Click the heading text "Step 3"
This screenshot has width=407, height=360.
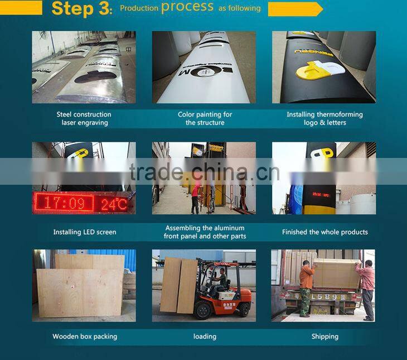point(81,8)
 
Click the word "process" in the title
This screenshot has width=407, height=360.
point(187,7)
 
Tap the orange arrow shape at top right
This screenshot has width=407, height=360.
point(295,9)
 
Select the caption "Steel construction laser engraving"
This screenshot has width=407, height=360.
point(84,118)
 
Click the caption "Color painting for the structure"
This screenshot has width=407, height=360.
point(205,118)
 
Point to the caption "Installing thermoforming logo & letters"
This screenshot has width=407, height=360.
point(324,118)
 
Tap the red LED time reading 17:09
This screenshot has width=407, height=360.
point(65,202)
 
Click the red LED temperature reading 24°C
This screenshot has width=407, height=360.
point(114,204)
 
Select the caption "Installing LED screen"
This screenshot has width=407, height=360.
point(85,232)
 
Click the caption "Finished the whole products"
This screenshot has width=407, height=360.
point(324,232)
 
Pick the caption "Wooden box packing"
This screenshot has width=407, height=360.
point(85,337)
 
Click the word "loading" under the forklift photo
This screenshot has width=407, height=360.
point(205,337)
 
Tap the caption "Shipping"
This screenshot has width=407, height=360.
point(324,337)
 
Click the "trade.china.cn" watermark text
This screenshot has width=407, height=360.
point(204,172)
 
